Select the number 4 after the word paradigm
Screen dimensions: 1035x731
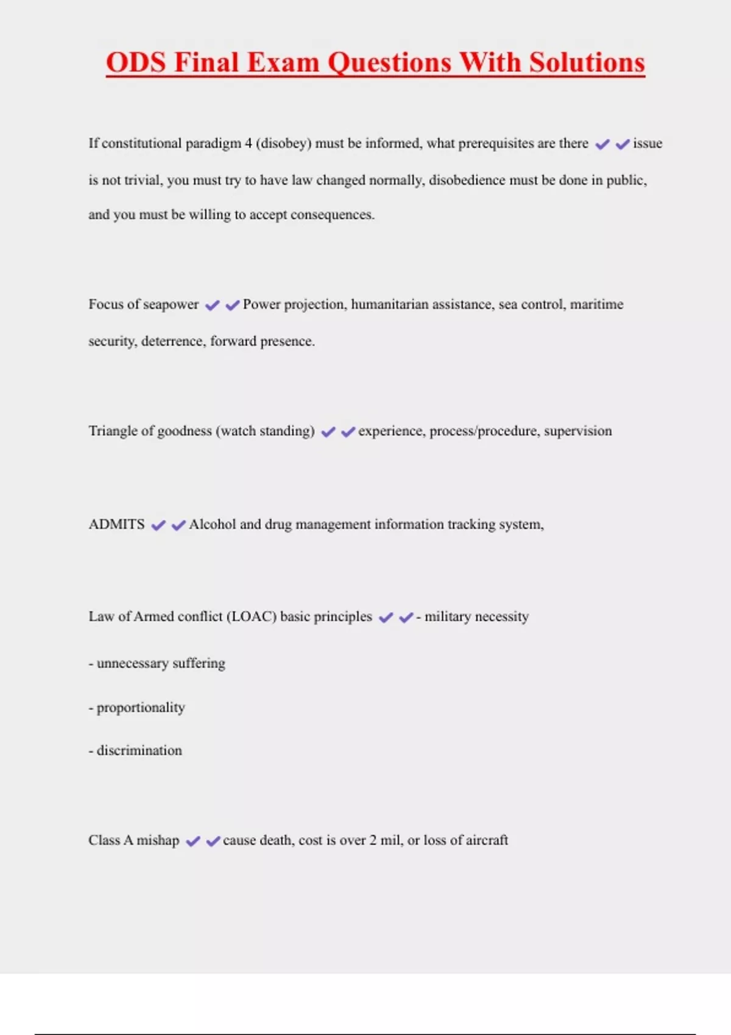tap(248, 144)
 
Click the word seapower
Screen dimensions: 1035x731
tap(171, 304)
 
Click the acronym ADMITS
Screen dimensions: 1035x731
tap(116, 525)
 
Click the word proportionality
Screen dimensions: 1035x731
tap(141, 708)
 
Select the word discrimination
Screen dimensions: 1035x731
tap(139, 751)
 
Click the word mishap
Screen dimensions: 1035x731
tap(158, 840)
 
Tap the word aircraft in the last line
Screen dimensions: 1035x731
tap(487, 840)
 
